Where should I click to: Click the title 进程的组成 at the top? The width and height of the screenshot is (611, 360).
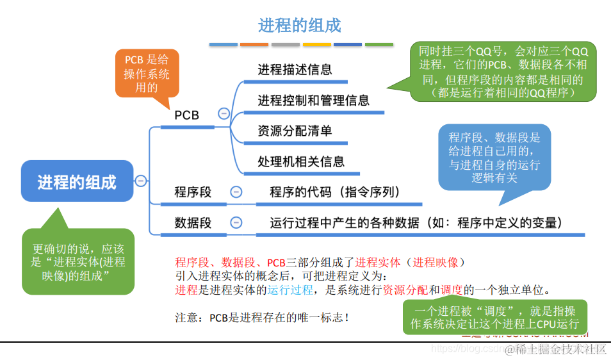point(300,26)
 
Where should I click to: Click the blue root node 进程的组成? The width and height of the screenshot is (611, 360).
point(77,182)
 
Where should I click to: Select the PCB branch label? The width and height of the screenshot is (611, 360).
point(187,115)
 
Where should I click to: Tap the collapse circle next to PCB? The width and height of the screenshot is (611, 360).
point(224,114)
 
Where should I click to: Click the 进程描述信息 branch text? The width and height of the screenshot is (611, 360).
point(295,69)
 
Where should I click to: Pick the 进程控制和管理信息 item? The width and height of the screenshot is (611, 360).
point(313,100)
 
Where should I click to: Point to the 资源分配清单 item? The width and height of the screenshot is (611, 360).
point(295,131)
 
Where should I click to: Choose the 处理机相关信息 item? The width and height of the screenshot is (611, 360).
point(301,161)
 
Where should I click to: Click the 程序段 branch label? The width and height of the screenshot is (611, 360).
point(193,192)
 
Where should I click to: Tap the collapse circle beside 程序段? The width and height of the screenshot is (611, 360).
point(236,192)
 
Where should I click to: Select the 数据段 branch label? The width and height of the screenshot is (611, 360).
point(193,222)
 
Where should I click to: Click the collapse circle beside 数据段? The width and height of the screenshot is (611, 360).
point(236,222)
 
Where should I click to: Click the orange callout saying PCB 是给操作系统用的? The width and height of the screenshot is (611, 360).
point(147,73)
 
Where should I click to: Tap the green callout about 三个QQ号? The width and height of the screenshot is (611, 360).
point(502,71)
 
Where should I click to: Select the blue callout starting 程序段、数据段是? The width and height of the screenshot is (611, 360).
point(494,157)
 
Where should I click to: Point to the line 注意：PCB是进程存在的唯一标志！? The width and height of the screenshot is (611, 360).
point(263,317)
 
